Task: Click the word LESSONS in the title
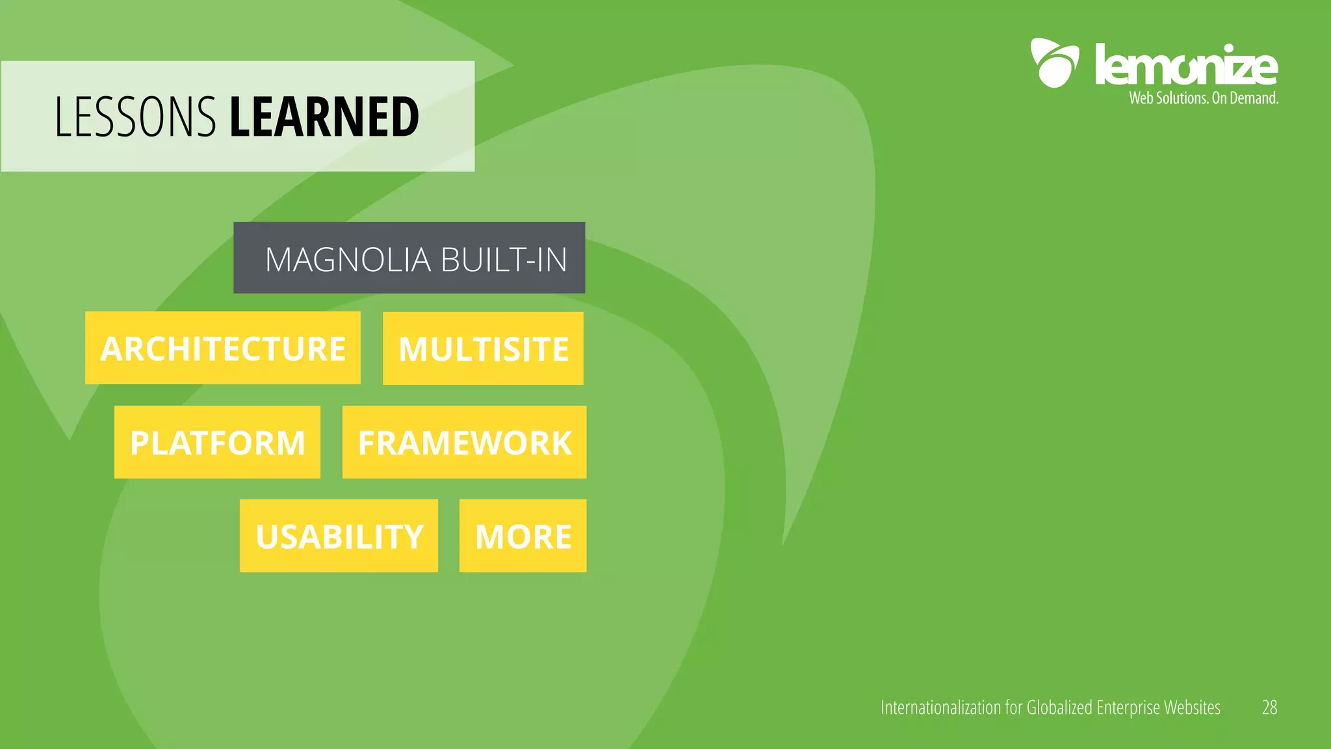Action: [x=135, y=117]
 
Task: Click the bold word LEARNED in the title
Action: [x=324, y=117]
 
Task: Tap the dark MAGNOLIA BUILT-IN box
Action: [x=409, y=257]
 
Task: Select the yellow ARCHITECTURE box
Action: [x=222, y=348]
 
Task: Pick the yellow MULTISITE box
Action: [x=483, y=348]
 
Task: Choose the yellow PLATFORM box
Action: [x=217, y=442]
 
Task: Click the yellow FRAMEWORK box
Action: [x=464, y=442]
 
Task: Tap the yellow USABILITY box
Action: [x=339, y=536]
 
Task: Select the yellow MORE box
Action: [x=523, y=536]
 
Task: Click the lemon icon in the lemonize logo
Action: [x=1054, y=63]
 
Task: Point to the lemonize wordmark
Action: [x=1185, y=65]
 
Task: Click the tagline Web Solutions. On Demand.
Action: [x=1203, y=98]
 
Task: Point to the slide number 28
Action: [x=1269, y=707]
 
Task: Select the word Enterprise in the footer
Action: [x=1128, y=707]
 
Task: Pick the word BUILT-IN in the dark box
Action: [x=504, y=259]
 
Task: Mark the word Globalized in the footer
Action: [x=1059, y=707]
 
